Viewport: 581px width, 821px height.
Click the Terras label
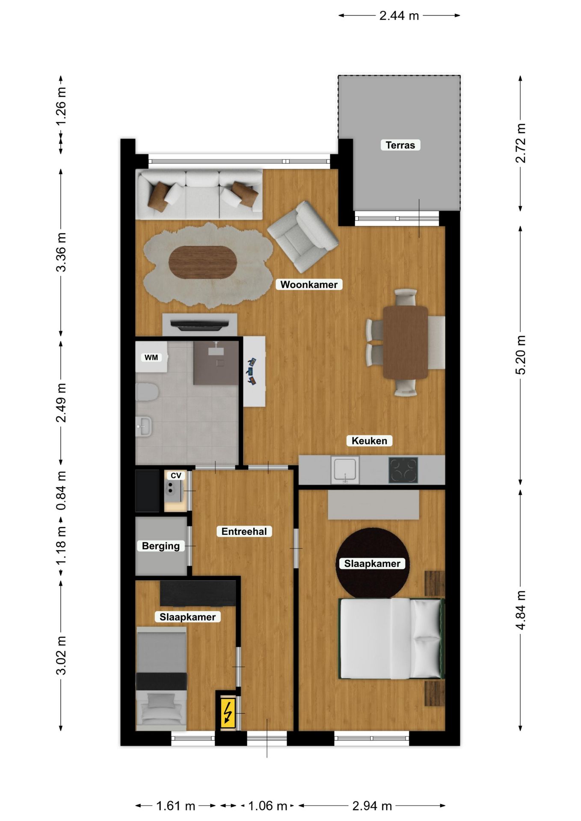[x=400, y=145]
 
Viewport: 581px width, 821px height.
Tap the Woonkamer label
[x=308, y=284]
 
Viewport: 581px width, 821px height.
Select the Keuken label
[x=369, y=440]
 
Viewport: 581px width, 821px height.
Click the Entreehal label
[x=244, y=531]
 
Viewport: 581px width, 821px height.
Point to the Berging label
[x=160, y=546]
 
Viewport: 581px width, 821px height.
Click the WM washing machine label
[x=151, y=357]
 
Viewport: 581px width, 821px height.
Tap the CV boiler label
[x=176, y=475]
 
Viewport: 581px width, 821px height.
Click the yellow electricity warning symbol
[x=228, y=712]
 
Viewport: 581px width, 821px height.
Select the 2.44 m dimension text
[x=399, y=16]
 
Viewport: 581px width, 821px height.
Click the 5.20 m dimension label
[x=520, y=355]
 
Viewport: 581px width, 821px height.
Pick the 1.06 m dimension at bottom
[x=267, y=806]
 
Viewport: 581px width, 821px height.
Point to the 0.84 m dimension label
[x=61, y=490]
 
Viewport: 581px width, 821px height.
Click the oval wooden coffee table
[x=202, y=262]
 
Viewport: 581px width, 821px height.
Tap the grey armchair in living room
[x=302, y=236]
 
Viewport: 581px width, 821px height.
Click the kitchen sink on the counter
[x=345, y=470]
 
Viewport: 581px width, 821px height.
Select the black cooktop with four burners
[x=403, y=470]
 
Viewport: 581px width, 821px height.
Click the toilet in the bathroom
[x=147, y=392]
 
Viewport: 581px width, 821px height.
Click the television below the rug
[x=199, y=325]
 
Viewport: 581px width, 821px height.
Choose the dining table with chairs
[x=405, y=342]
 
